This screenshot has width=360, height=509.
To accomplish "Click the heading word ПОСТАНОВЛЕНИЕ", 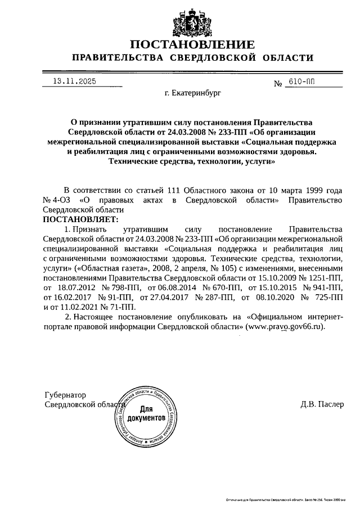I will (192, 44).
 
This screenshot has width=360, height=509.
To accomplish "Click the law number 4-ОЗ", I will (60, 201).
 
